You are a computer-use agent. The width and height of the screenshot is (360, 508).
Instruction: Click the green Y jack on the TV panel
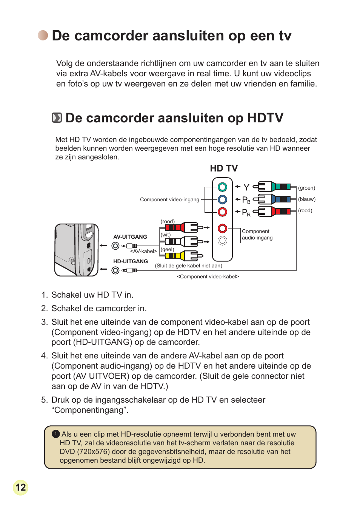pyautogui.click(x=222, y=187)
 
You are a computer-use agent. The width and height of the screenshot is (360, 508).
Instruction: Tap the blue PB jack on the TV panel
pyautogui.click(x=222, y=199)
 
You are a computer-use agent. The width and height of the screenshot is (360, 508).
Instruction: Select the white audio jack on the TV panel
pyautogui.click(x=222, y=240)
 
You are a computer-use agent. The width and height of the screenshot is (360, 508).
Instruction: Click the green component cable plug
pyautogui.click(x=272, y=187)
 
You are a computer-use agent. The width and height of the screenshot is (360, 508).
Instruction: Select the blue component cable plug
pyautogui.click(x=272, y=199)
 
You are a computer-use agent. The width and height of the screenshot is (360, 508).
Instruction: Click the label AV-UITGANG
pyautogui.click(x=130, y=237)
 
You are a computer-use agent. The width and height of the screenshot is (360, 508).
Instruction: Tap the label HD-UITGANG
pyautogui.click(x=131, y=261)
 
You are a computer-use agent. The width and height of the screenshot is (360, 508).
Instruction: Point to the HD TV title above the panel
pyautogui.click(x=224, y=168)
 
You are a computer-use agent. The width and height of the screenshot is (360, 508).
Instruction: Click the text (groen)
pyautogui.click(x=306, y=188)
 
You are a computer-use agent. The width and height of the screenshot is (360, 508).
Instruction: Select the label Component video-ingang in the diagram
pyautogui.click(x=169, y=199)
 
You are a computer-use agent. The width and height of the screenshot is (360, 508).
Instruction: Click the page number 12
pyautogui.click(x=21, y=487)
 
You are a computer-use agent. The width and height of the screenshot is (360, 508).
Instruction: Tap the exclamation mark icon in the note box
pyautogui.click(x=56, y=434)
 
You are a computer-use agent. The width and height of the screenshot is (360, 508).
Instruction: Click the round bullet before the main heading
pyautogui.click(x=43, y=36)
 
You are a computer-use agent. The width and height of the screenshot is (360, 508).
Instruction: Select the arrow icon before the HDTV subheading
pyautogui.click(x=57, y=118)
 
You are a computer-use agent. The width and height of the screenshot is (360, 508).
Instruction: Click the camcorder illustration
pyautogui.click(x=76, y=250)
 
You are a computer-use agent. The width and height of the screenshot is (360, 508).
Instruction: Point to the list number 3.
pyautogui.click(x=45, y=322)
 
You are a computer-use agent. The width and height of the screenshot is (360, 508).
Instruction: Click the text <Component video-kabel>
pyautogui.click(x=208, y=277)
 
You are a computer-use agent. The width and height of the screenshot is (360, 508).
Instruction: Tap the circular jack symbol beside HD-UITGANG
pyautogui.click(x=115, y=270)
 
